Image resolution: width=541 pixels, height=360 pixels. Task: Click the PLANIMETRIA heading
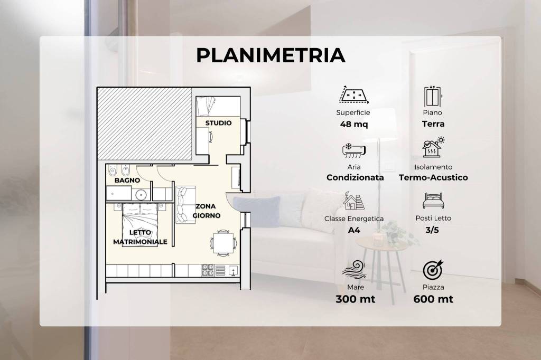tap(270, 55)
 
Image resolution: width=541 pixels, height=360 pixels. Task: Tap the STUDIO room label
tap(218, 123)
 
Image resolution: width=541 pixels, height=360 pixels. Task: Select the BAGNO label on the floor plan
tap(127, 180)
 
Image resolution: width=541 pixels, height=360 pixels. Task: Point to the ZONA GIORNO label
tap(207, 211)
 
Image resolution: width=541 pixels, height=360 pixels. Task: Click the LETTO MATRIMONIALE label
tap(140, 237)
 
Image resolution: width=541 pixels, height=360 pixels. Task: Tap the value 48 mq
tap(353, 124)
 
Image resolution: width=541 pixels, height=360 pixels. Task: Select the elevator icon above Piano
tap(433, 97)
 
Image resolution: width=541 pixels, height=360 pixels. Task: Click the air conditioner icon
tap(353, 150)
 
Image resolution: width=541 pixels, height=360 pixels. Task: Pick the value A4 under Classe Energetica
tap(354, 230)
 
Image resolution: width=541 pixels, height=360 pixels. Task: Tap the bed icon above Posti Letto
tap(433, 201)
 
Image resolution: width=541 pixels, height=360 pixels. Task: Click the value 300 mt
tap(356, 299)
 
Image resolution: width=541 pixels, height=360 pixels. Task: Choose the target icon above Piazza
tap(433, 270)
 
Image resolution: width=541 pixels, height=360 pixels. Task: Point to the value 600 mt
tap(433, 299)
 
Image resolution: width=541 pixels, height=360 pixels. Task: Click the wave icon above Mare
tap(353, 270)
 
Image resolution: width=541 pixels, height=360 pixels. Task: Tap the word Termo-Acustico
tap(433, 177)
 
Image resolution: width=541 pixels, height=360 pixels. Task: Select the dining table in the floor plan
tap(223, 243)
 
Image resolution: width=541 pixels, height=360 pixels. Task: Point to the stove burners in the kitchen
tap(208, 270)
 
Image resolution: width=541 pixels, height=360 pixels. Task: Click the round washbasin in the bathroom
tap(141, 195)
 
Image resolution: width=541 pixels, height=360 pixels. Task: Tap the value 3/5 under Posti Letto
tap(432, 230)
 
